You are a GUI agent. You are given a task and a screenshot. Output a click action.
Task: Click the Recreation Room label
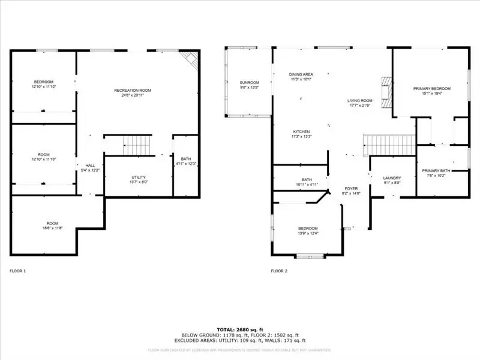coord(133,91)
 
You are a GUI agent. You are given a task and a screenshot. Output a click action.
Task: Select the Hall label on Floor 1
coord(90,166)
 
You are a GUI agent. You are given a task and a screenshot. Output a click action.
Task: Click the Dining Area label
coord(301,74)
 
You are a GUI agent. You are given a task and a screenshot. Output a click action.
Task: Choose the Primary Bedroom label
coord(431,88)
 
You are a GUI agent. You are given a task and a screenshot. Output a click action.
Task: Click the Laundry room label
coord(392,178)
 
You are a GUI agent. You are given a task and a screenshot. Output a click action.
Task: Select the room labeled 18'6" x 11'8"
coord(52,228)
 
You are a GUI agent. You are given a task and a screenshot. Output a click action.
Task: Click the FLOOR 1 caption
coord(17,271)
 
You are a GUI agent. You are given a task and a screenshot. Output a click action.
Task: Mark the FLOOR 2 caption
coord(279,271)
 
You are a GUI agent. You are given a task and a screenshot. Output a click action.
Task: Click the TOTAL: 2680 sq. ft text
coord(240,329)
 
